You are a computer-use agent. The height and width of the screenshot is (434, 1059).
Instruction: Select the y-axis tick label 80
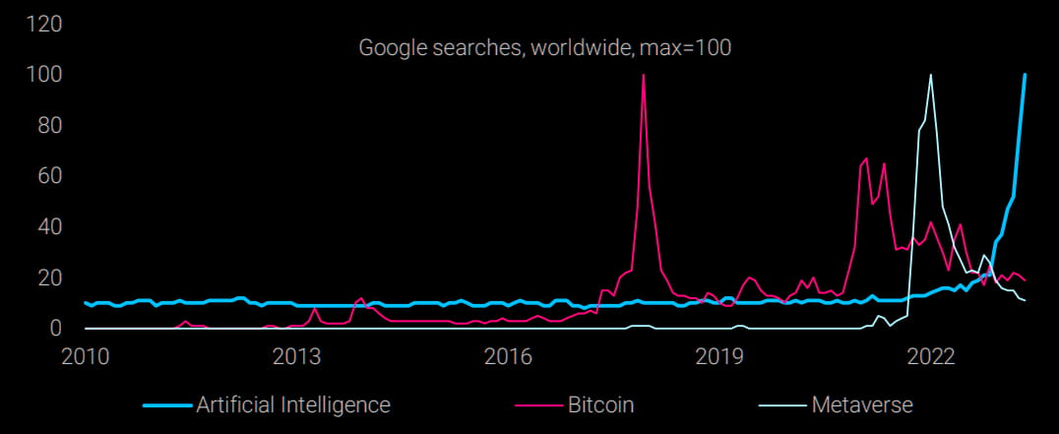[x=43, y=125]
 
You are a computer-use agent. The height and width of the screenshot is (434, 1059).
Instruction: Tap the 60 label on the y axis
[x=43, y=176]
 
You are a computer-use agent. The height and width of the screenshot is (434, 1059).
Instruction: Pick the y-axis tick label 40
[x=43, y=226]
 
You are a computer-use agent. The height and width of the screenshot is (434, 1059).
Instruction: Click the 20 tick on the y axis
[x=43, y=278]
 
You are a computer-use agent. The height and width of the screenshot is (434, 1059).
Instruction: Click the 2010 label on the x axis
[x=87, y=355]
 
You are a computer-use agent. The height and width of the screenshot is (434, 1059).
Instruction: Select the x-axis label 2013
[x=297, y=355]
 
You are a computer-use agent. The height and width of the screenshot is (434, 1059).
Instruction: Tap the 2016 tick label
[x=509, y=355]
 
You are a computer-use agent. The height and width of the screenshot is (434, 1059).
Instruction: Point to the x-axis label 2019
[x=719, y=355]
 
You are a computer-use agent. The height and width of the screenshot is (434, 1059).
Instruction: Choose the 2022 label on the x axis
[x=931, y=355]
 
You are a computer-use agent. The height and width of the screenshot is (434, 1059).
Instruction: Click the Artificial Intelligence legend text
[x=293, y=404]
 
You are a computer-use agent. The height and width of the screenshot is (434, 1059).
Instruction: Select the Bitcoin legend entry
[x=600, y=404]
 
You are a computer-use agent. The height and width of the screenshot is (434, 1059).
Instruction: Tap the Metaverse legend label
[x=863, y=404]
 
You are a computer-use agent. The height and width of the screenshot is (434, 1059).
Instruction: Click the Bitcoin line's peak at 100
[x=643, y=75]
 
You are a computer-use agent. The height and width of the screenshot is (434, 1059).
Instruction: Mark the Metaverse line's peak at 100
[x=930, y=75]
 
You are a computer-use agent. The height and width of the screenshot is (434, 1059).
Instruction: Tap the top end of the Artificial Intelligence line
[x=1025, y=75]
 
